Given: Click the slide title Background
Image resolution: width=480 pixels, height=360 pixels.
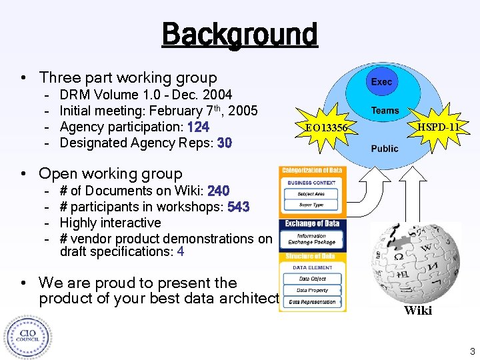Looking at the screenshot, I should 239,33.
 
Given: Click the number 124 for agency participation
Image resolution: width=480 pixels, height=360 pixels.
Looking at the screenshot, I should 199,127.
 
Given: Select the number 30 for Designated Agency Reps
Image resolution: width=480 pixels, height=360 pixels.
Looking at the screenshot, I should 224,143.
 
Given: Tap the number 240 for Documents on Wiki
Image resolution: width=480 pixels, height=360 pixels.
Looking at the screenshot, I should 219,191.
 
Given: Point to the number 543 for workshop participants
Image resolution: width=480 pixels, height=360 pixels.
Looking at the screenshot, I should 238,207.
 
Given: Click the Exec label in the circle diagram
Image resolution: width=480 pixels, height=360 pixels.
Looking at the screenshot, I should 381,82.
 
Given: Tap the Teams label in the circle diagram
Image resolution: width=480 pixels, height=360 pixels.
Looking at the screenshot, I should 385,111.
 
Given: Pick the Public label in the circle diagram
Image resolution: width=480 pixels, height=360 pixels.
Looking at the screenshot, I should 385,148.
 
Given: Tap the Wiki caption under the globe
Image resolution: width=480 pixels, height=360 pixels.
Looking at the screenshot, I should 418,310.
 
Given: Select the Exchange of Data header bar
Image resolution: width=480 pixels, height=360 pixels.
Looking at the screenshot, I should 312,224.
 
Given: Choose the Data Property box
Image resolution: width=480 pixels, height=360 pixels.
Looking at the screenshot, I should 313,291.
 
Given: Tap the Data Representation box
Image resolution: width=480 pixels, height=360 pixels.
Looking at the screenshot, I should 313,303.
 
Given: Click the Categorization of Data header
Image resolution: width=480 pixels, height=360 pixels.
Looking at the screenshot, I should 312,171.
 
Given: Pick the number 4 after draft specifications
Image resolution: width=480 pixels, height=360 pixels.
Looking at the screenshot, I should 181,252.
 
